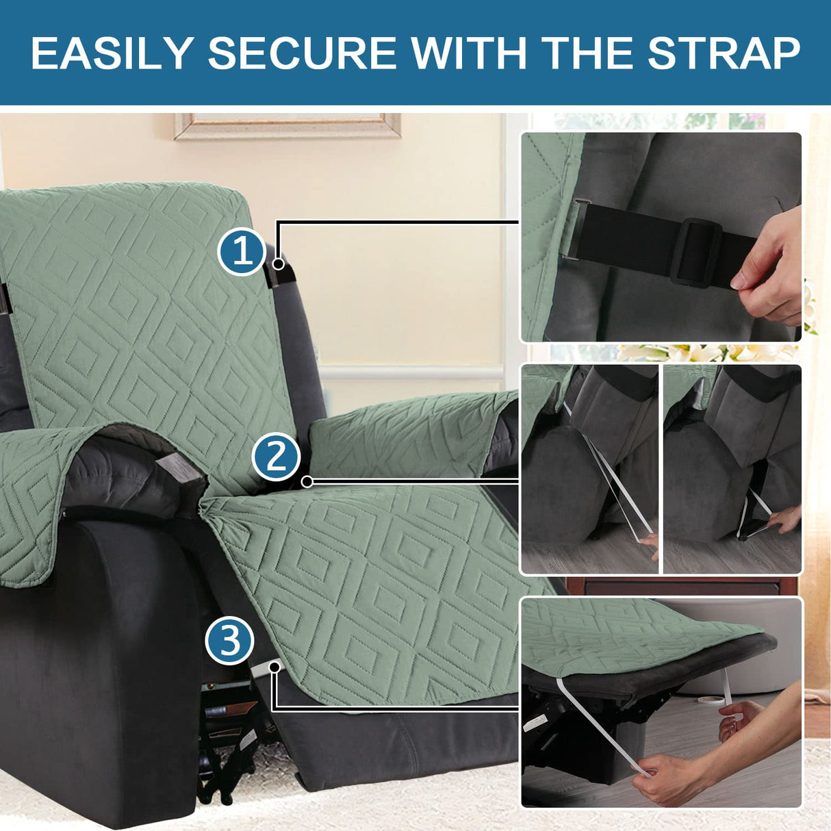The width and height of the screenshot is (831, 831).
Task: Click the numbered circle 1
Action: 241,252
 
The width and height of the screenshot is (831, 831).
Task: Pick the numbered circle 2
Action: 276,457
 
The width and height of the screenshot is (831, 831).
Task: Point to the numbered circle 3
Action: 229,641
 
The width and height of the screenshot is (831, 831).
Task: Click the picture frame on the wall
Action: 287,126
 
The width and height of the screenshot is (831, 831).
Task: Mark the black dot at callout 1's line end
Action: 278,264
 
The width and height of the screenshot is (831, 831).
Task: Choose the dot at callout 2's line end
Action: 307,482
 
